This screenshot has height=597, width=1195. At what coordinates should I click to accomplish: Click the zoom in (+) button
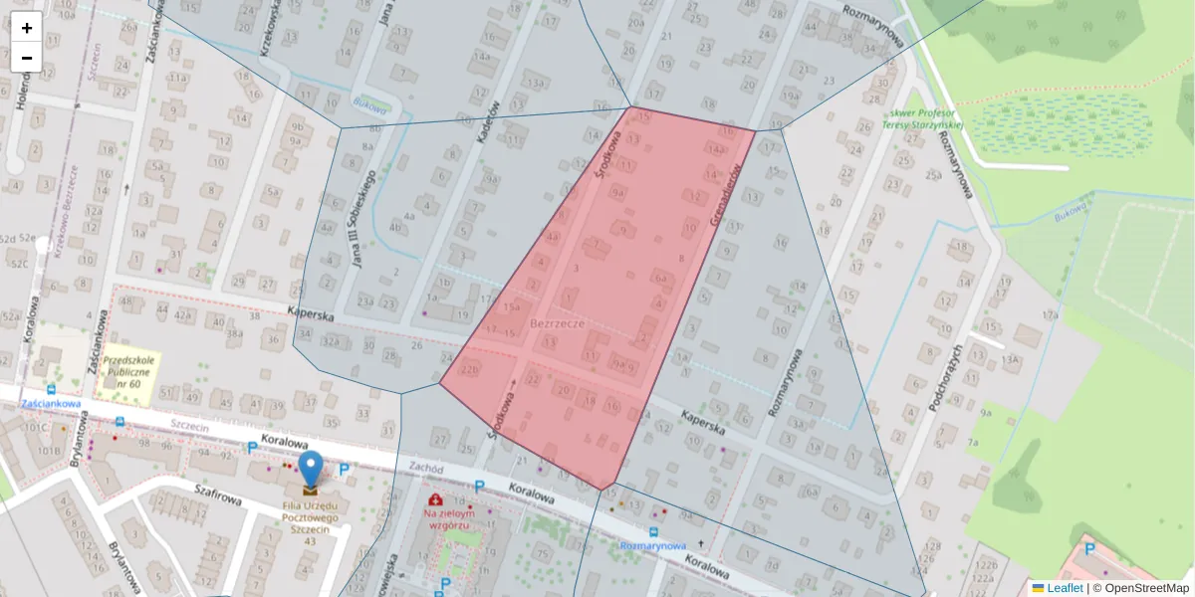(x=27, y=28)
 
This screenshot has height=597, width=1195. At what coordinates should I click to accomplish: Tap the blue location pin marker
(x=311, y=467)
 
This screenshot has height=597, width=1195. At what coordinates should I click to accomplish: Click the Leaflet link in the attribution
(x=1065, y=588)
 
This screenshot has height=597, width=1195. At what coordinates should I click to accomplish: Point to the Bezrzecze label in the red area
(x=558, y=324)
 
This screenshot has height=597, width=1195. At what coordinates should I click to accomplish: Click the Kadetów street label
(x=488, y=122)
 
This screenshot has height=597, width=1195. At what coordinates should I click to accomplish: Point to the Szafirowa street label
(x=220, y=495)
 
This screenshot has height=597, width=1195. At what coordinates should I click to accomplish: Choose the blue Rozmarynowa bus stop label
(x=652, y=546)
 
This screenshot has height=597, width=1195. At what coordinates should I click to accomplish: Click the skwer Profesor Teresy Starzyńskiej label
(x=925, y=118)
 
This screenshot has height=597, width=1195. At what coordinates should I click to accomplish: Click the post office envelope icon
(x=311, y=490)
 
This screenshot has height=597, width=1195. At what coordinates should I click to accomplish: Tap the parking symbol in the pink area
(x=1090, y=548)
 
